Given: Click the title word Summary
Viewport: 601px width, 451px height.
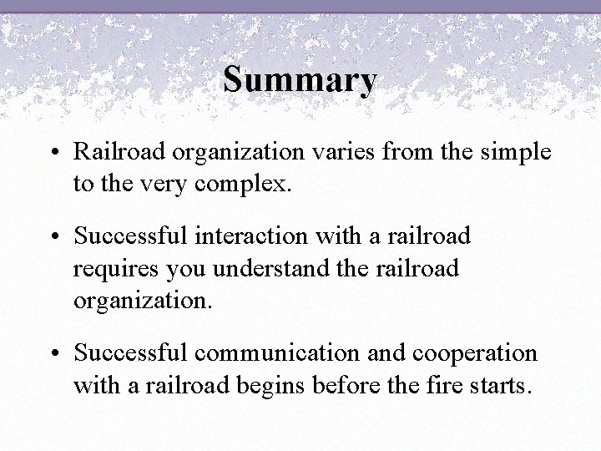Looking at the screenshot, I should [x=300, y=80].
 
